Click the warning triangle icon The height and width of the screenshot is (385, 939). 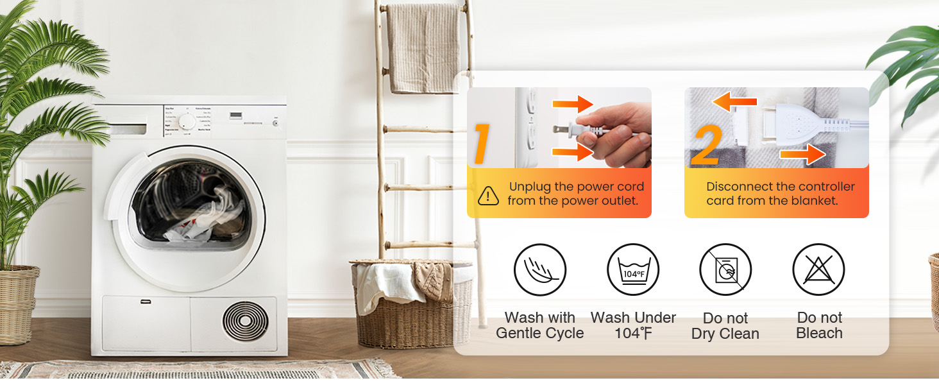tap(489, 195)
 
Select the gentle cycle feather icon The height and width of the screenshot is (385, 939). tap(540, 270)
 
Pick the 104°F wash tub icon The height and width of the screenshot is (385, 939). tap(633, 270)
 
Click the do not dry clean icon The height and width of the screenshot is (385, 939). tap(725, 270)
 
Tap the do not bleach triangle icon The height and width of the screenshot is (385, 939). tap(818, 270)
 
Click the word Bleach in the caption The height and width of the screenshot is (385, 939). tap(819, 334)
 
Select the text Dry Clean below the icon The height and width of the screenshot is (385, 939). tap(725, 334)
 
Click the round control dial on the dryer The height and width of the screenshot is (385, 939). tap(187, 122)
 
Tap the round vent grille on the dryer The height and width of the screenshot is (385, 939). tap(245, 321)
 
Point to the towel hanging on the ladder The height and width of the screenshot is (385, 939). tap(423, 48)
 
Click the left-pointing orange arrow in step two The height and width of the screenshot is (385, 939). tap(734, 101)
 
